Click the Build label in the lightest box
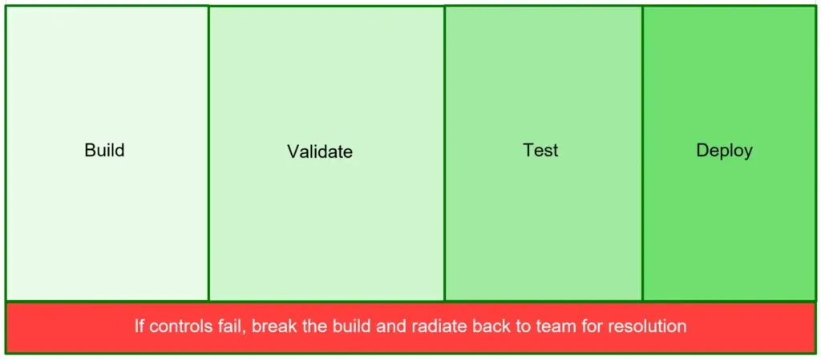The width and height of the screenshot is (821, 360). [105, 150]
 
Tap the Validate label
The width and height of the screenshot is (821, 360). [320, 152]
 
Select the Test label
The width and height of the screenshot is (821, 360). [541, 150]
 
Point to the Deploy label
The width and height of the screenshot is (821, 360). [725, 151]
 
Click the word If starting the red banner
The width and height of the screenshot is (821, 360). [140, 326]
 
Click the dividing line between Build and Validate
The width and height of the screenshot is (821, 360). [208, 153]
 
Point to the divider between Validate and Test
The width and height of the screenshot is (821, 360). [444, 153]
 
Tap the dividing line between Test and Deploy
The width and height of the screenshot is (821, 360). [642, 153]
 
